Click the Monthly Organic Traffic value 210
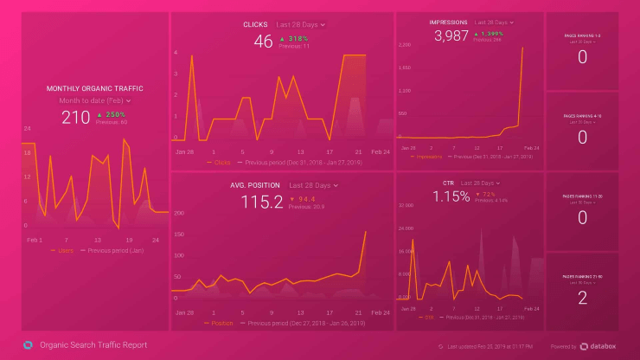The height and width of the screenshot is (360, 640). coord(76,117)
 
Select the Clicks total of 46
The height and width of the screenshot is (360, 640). coord(263,41)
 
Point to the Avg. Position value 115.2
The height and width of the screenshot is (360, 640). coord(261,202)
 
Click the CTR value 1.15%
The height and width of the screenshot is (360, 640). coord(451,197)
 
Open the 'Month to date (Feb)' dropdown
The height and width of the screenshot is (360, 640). coord(95,101)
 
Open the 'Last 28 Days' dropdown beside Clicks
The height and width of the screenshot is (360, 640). coord(300,25)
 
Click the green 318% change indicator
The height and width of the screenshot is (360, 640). coord(294,38)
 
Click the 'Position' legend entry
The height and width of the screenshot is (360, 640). coord(221,322)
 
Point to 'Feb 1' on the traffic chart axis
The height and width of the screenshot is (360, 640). coord(35,239)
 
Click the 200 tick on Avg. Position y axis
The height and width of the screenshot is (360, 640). coord(180,212)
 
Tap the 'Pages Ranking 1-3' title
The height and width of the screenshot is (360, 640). coord(582,35)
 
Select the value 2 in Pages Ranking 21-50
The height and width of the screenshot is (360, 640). coord(582,298)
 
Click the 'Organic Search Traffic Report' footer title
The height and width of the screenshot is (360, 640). coord(93,345)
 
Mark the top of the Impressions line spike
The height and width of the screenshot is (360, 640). coord(523,48)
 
